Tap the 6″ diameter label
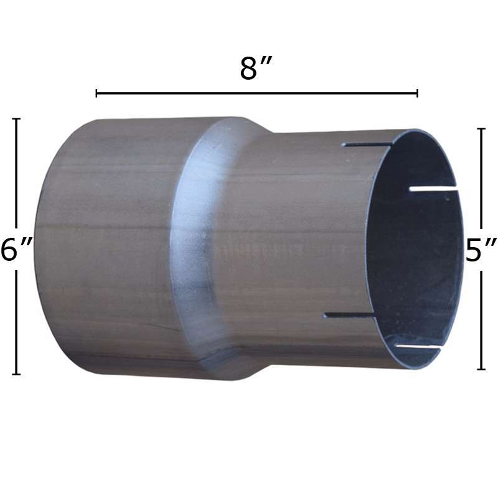point(16,251)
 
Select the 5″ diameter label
point(481,251)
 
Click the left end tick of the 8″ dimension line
point(96,93)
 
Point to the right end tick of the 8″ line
point(417,93)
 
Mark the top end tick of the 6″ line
point(16,119)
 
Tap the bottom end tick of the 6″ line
point(16,374)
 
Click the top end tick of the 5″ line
point(481,129)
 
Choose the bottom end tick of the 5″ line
point(481,369)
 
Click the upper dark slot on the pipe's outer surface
point(367,144)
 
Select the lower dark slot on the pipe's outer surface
point(349,316)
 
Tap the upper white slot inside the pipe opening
point(433,187)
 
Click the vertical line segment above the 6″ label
point(16,174)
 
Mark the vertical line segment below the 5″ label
point(481,317)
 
